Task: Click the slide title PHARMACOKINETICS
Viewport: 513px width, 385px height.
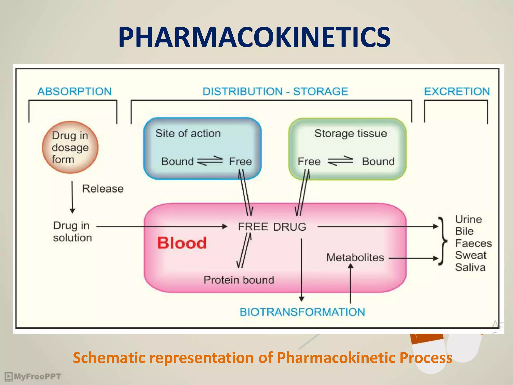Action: [254, 38]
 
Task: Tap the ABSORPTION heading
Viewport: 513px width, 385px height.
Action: [74, 91]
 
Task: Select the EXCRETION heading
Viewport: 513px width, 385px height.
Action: [457, 91]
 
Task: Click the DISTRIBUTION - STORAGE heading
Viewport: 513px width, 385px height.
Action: [275, 91]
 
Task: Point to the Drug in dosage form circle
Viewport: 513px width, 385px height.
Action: [70, 147]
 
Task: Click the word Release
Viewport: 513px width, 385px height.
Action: [103, 189]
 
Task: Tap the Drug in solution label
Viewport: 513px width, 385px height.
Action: [72, 232]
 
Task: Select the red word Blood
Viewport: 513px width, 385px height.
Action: [182, 243]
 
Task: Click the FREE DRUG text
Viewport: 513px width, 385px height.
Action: [272, 227]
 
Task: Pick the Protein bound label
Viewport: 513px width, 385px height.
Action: [239, 280]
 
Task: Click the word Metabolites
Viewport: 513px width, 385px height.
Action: [355, 258]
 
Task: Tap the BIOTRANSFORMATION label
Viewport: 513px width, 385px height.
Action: [302, 312]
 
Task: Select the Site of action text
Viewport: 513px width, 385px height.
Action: [188, 133]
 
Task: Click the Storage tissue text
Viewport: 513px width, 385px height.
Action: [350, 133]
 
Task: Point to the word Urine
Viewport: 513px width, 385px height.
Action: [468, 219]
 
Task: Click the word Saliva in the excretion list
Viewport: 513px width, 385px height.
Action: [470, 267]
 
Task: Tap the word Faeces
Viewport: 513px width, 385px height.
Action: [473, 243]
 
